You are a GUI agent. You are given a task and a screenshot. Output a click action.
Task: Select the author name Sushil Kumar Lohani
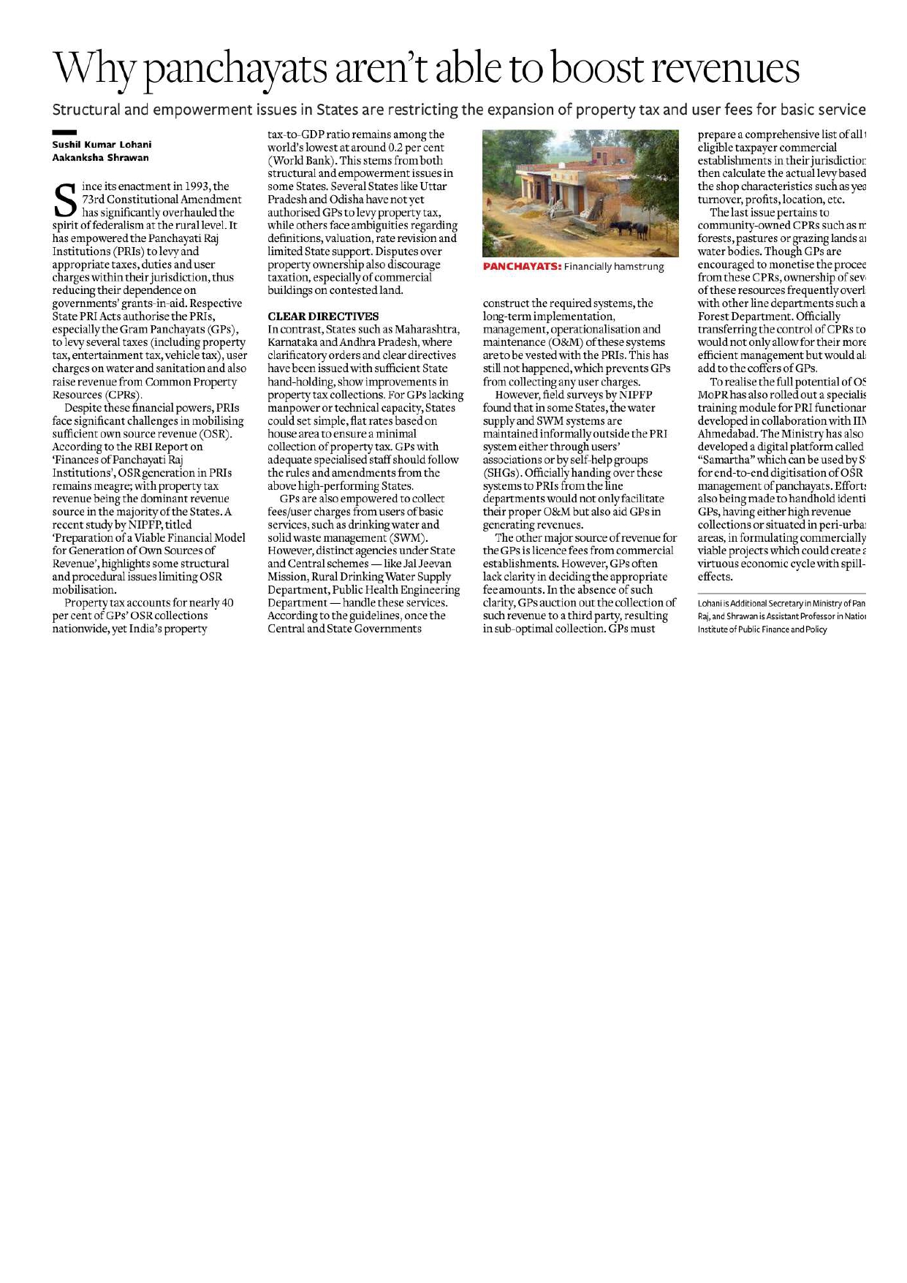point(102,145)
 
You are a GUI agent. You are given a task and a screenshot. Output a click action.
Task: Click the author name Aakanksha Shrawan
point(100,157)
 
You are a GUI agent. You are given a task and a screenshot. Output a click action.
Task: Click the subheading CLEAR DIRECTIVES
point(323,317)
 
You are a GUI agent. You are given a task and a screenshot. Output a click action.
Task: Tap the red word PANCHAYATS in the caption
point(522,268)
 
